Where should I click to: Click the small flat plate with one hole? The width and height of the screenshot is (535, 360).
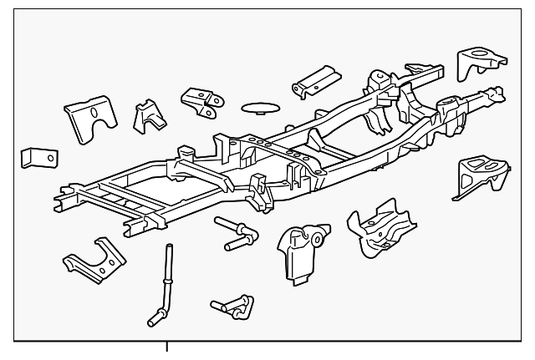click(x=39, y=157)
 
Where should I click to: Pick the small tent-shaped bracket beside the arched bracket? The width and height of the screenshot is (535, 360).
click(x=149, y=115)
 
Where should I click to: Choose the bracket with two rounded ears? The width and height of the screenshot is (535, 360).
click(x=201, y=101)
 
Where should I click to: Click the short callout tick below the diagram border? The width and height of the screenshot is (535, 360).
click(x=167, y=347)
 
